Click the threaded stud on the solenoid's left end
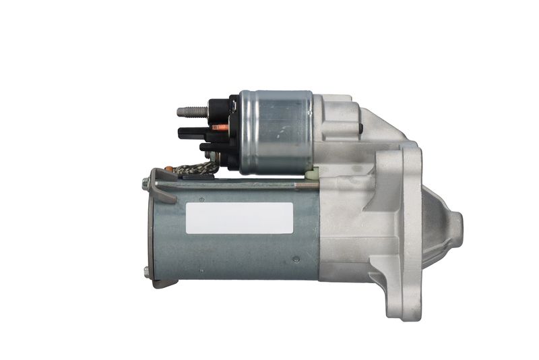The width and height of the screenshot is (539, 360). [191, 111]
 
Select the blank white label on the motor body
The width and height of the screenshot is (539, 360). [239, 218]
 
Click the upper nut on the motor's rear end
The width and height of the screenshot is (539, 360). [146, 182]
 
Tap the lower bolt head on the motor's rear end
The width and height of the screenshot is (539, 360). [146, 271]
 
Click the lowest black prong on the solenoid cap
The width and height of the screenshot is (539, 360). [209, 146]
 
